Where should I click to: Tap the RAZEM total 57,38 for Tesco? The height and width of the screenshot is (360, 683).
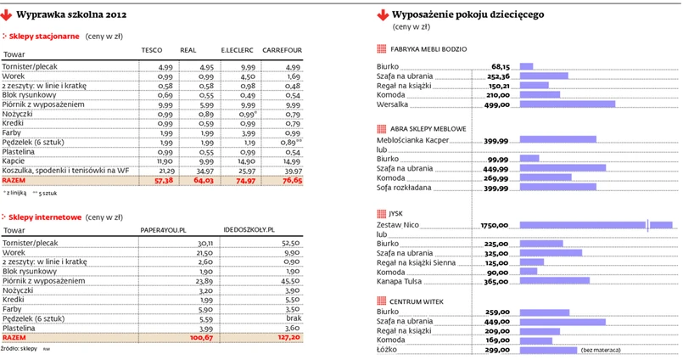click(162, 181)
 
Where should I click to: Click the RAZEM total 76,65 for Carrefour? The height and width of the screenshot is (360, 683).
click(291, 181)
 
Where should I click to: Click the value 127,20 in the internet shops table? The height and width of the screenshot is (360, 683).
click(290, 337)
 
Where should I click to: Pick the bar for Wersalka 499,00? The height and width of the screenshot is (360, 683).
click(567, 104)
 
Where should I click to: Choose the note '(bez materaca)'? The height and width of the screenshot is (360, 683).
click(601, 350)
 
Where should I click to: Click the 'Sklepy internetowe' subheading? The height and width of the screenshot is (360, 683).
click(46, 217)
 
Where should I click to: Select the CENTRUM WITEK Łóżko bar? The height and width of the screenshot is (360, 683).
click(547, 350)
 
